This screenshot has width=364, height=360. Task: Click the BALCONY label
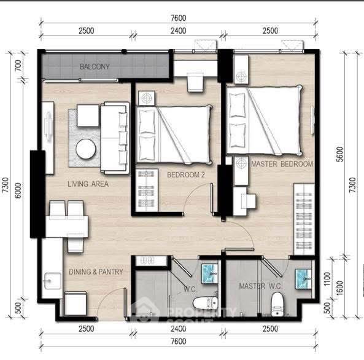tap(95, 67)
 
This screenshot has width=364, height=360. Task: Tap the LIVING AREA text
tap(88, 184)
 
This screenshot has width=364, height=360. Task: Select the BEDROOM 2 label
tap(186, 174)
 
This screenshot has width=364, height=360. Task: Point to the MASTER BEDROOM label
tap(282, 164)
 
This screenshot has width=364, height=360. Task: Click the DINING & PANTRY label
tap(96, 272)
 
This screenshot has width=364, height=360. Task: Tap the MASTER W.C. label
tap(260, 286)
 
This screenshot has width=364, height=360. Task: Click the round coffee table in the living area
tap(86, 149)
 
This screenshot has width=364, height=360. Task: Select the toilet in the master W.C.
tap(277, 304)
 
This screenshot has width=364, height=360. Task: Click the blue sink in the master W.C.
tap(303, 279)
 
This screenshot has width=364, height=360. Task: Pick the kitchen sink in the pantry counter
tap(52, 281)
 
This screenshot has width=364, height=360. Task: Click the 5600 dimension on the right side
tap(339, 154)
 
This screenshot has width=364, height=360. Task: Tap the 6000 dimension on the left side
tap(18, 190)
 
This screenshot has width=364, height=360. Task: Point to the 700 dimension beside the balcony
tap(18, 65)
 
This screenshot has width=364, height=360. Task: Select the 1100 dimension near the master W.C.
tap(327, 279)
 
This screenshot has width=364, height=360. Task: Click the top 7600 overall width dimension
tap(178, 18)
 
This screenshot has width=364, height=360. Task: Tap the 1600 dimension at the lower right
tap(339, 288)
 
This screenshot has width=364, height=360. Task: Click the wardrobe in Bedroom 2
tap(147, 190)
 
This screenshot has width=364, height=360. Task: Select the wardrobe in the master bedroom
tap(304, 219)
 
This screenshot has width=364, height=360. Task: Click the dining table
tap(67, 227)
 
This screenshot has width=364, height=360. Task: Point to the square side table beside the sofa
tap(88, 115)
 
